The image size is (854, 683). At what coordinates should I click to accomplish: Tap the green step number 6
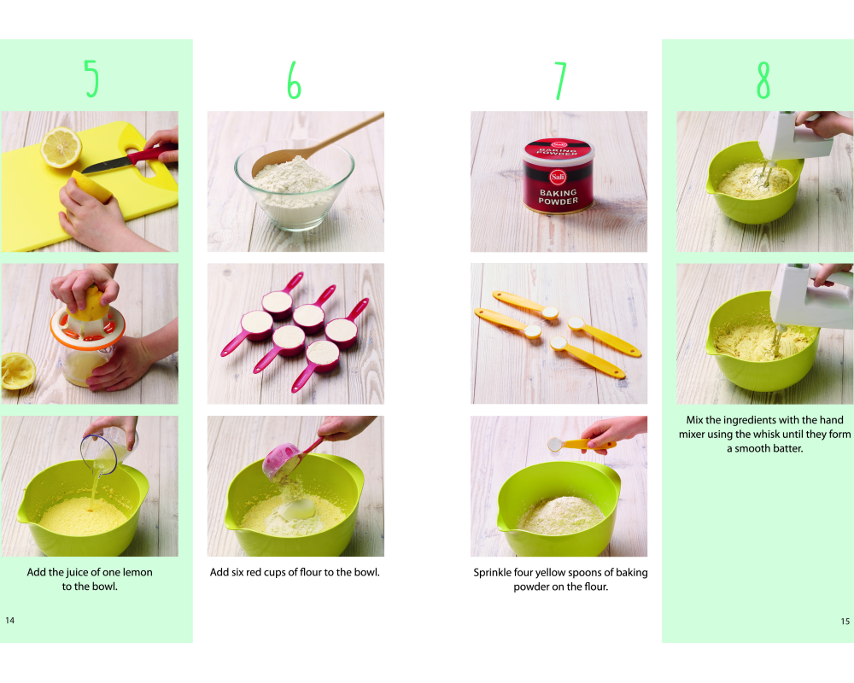294,79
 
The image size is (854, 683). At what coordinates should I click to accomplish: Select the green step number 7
560,80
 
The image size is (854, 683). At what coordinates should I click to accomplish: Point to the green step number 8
763,79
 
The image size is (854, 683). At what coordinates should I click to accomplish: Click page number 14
9,621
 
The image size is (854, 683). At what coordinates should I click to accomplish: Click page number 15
845,621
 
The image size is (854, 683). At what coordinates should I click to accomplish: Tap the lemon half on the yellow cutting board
61,147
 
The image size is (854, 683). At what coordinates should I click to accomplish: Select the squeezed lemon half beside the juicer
18,371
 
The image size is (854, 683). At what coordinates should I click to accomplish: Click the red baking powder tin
558,175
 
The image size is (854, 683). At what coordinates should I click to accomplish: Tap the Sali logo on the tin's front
558,177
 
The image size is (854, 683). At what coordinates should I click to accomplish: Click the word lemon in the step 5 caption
137,572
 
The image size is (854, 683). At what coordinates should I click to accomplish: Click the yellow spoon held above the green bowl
581,445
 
